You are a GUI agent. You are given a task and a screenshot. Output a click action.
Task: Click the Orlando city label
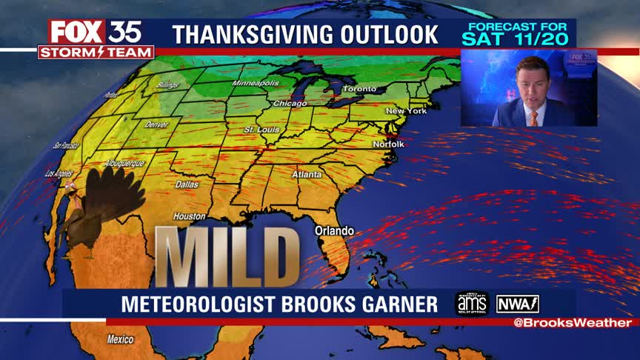point(334,230)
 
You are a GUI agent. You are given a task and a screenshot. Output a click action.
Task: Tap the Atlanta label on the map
point(307,175)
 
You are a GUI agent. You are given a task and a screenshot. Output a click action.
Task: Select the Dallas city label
point(187,184)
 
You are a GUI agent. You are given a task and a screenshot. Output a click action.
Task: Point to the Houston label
point(189,216)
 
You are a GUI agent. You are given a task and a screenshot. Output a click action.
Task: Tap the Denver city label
point(157,124)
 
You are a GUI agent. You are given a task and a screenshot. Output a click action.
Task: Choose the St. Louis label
point(260,130)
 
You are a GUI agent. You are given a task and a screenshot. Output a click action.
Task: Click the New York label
point(406,111)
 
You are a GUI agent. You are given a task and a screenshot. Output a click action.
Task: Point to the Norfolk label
point(388,144)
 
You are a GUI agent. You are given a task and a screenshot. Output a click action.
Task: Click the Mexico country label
point(120,340)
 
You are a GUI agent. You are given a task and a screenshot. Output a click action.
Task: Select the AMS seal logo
point(472,304)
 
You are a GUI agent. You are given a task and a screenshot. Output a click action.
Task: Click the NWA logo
point(518,304)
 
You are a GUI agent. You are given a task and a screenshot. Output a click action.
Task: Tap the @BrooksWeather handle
point(573,323)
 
